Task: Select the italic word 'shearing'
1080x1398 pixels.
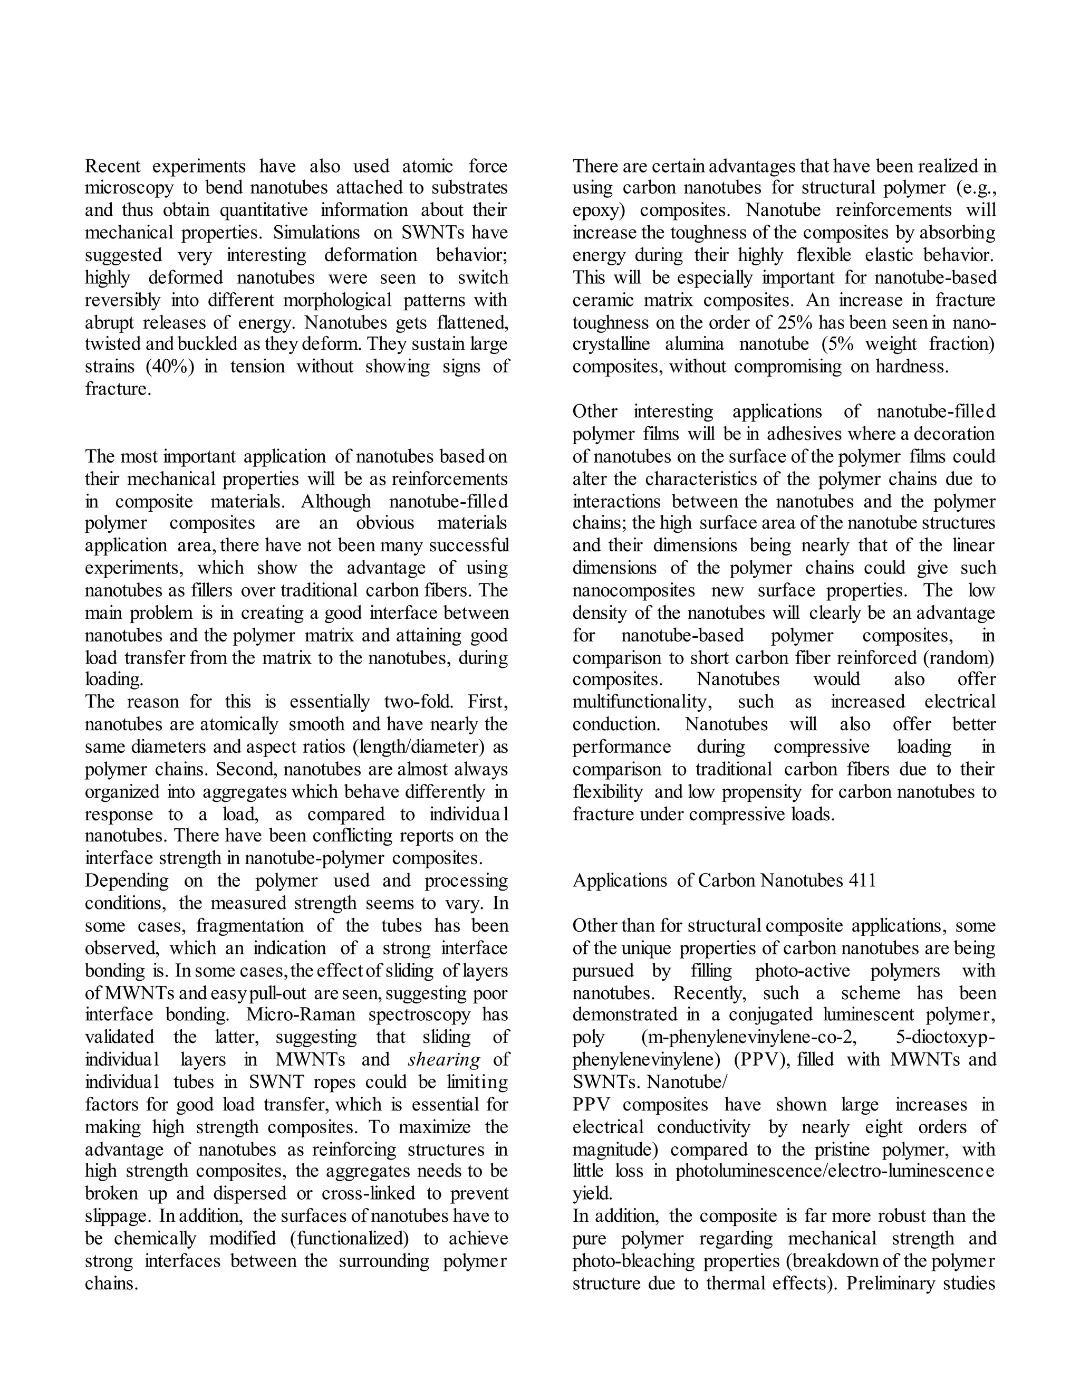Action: pyautogui.click(x=443, y=1059)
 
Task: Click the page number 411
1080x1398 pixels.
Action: pyautogui.click(x=862, y=881)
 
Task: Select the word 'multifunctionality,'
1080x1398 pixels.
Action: pyautogui.click(x=642, y=702)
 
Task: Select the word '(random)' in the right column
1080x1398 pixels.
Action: pyautogui.click(x=963, y=657)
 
